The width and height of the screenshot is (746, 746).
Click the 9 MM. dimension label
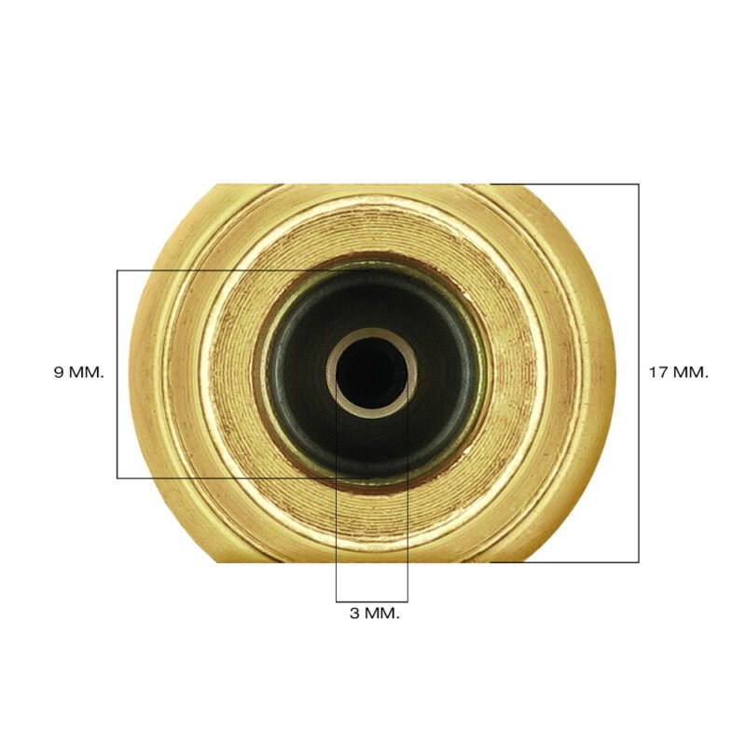[79, 372]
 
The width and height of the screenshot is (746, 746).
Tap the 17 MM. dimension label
[679, 372]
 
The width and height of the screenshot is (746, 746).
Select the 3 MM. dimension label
[375, 614]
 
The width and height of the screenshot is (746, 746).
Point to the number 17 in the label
[658, 372]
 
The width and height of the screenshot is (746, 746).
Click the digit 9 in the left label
[59, 372]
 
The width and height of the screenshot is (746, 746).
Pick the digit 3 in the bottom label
[355, 614]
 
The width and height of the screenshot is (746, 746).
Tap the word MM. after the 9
[86, 372]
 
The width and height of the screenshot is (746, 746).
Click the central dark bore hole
[371, 372]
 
